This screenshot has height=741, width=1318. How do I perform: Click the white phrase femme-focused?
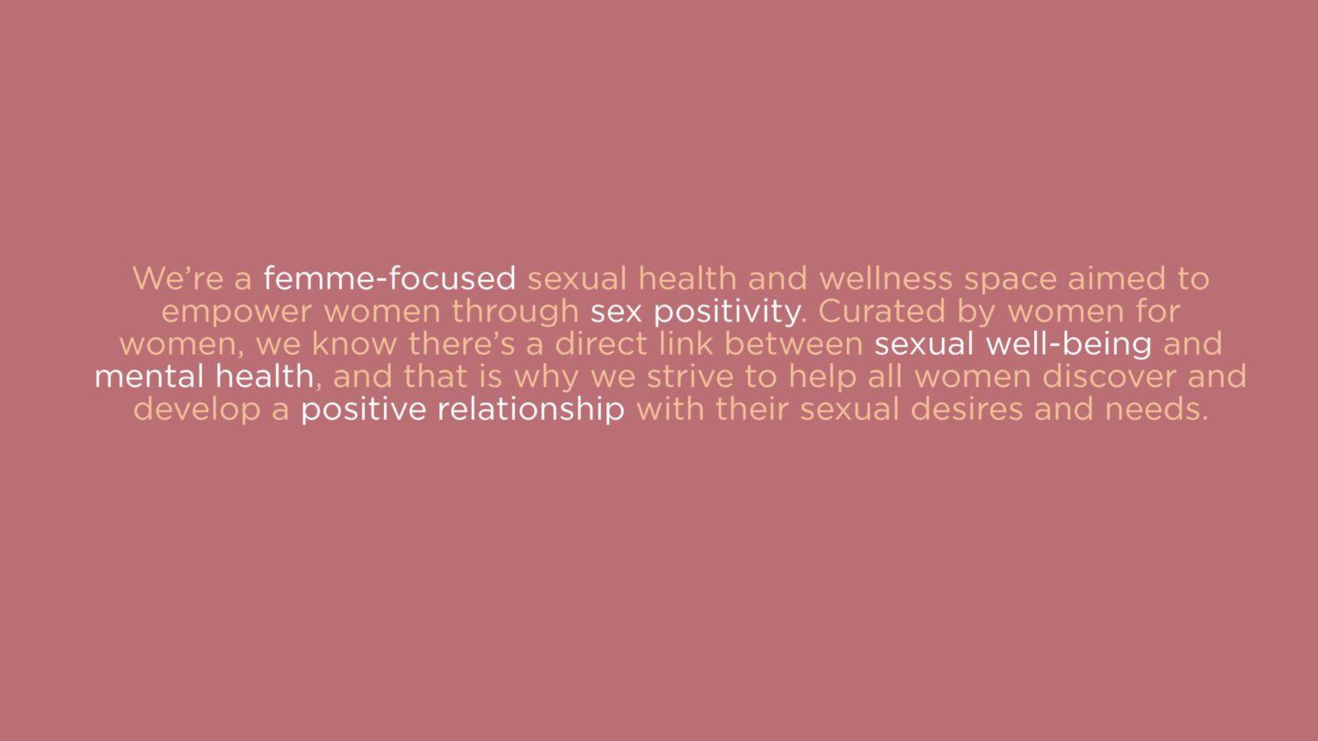(x=389, y=278)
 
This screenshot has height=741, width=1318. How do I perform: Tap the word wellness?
(x=886, y=278)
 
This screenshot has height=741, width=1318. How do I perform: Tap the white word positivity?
(x=727, y=313)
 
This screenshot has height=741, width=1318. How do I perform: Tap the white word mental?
(x=148, y=377)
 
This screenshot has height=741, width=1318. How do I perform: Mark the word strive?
(x=690, y=377)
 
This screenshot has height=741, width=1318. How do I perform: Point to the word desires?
(x=967, y=410)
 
